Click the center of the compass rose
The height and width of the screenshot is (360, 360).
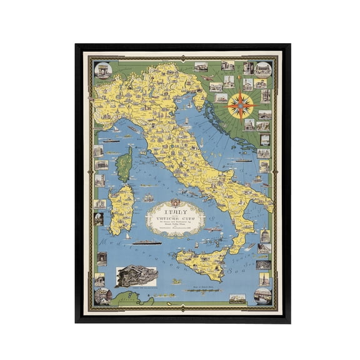[240, 106]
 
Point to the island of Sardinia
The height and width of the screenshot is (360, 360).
[121, 209]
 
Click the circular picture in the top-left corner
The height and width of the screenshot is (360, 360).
[104, 69]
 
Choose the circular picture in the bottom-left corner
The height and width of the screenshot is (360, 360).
[102, 295]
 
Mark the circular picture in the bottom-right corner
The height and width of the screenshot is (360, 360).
[263, 295]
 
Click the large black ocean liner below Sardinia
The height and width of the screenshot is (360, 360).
[147, 242]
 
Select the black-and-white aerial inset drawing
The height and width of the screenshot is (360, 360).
[137, 277]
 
